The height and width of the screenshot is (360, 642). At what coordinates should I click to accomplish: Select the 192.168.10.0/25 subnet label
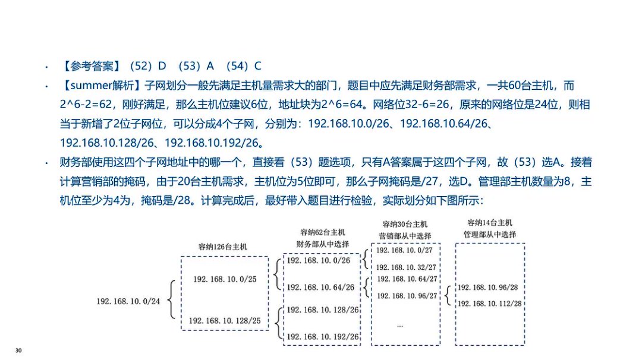click(224, 279)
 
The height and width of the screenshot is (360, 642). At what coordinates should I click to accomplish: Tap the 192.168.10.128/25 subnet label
click(224, 321)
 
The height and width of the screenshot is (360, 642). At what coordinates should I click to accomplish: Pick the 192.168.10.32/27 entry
click(407, 267)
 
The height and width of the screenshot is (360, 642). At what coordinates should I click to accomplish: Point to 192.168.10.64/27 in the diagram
click(407, 279)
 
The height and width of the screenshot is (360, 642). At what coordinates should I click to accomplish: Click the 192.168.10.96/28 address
click(489, 288)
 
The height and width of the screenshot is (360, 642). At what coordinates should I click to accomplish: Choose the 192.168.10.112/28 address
click(489, 304)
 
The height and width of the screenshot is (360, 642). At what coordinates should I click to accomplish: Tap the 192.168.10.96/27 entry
click(407, 295)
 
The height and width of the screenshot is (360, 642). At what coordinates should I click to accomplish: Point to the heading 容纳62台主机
click(322, 232)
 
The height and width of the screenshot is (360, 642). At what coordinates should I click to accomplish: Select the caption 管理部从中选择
click(490, 234)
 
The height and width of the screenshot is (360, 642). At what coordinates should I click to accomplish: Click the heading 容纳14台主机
click(489, 223)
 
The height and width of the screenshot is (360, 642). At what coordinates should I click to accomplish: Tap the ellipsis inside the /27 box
click(400, 326)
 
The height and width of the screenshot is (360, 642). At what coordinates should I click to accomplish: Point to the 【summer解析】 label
click(100, 86)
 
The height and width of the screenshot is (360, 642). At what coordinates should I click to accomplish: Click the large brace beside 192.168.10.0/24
click(172, 301)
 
